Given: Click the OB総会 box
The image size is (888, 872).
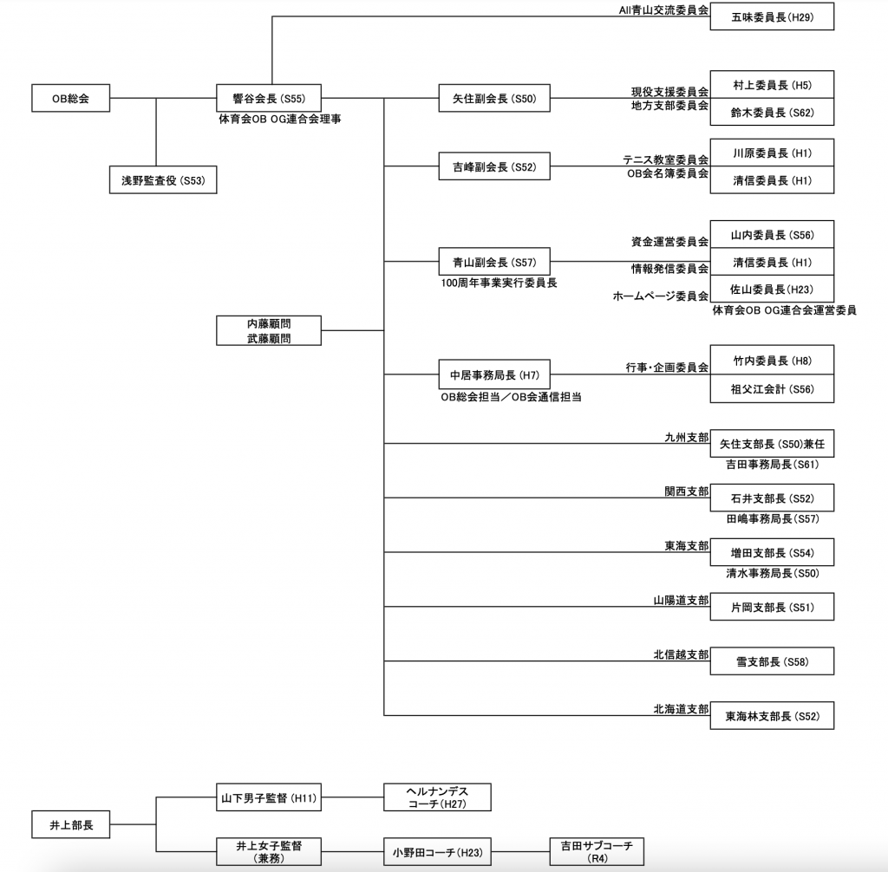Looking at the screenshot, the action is point(71,98).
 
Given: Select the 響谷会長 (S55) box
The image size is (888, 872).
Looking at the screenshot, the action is point(269,98).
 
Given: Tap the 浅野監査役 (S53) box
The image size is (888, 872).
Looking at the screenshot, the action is point(163,180).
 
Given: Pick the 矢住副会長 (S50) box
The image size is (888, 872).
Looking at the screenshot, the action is point(494,98).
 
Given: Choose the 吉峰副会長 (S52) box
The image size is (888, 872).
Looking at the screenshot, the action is point(494,166).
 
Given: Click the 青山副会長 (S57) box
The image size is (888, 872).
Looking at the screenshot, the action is point(494,262).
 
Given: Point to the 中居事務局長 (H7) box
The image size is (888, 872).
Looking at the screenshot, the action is point(494,374).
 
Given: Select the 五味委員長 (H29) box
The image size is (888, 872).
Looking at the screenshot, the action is point(772,16).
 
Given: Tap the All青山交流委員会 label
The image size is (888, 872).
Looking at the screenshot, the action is point(663,10).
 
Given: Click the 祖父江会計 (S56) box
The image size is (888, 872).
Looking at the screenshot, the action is point(772,388).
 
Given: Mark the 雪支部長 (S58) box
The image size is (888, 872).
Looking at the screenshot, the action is point(772,661).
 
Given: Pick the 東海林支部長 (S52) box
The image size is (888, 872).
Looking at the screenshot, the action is point(772,716).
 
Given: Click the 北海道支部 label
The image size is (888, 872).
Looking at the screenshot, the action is point(681,709).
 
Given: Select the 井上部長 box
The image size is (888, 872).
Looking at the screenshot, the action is point(71,824).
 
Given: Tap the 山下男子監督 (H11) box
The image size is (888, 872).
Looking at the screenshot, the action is point(269,797).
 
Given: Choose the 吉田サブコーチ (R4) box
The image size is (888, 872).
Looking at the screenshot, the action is point(597,851).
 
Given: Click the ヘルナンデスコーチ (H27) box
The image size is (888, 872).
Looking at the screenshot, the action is point(437,797).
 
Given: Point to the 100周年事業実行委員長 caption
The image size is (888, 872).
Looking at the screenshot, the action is point(499,283).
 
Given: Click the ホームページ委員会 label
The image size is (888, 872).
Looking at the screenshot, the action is point(660,296).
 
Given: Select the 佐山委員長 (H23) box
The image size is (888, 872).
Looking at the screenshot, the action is point(772,289).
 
